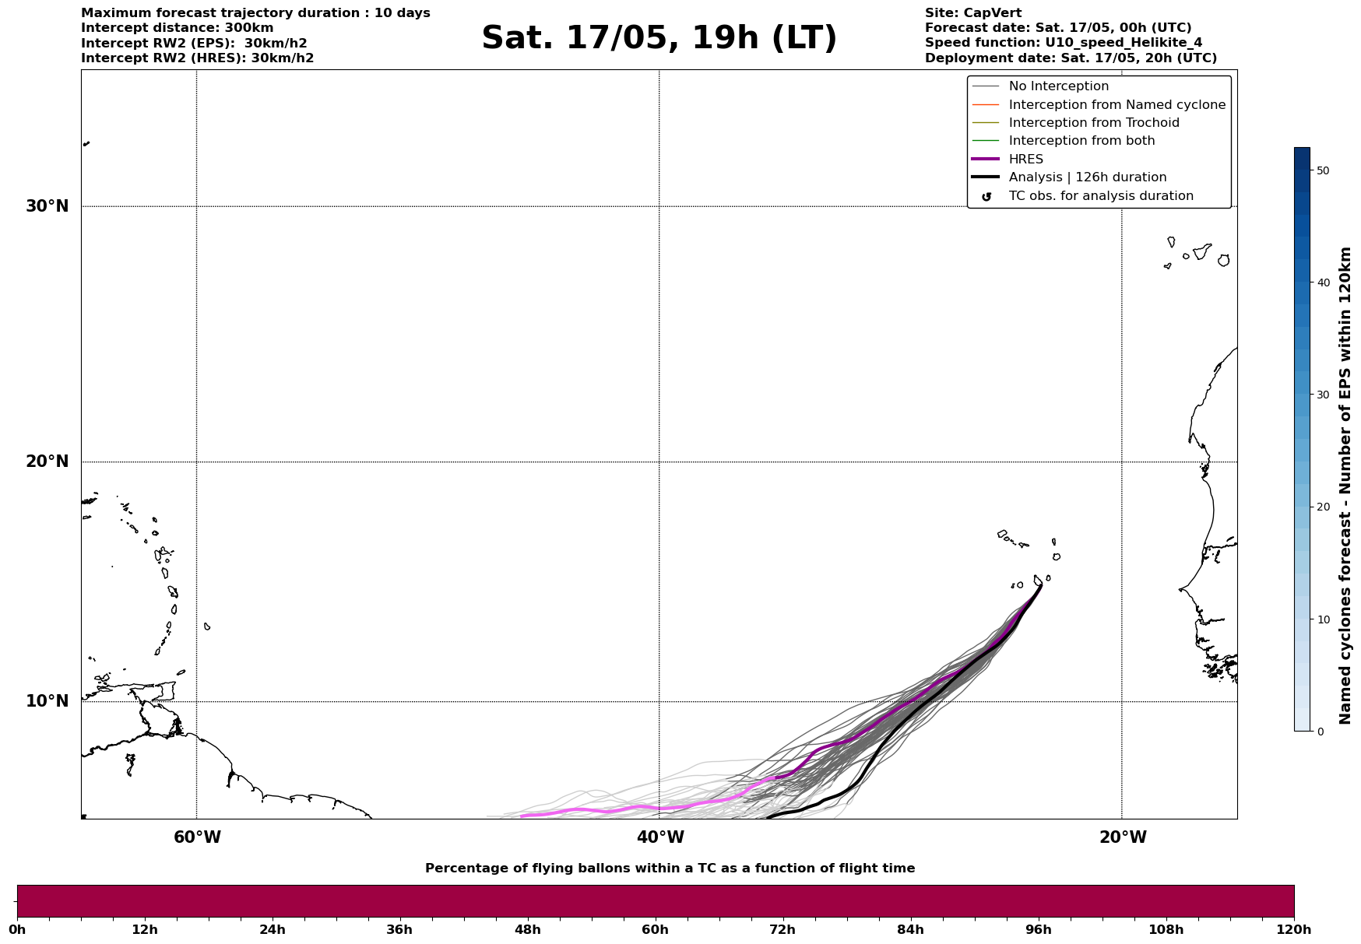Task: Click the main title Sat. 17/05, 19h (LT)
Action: click(x=659, y=38)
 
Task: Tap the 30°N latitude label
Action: click(x=47, y=206)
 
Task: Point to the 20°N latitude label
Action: click(x=47, y=461)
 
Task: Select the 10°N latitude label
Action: click(x=47, y=701)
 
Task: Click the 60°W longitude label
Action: click(x=197, y=837)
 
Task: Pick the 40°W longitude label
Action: click(x=660, y=837)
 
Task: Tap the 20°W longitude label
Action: click(x=1123, y=837)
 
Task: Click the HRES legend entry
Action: click(x=1025, y=160)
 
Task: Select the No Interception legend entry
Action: click(x=1058, y=86)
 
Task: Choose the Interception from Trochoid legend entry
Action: click(x=1093, y=123)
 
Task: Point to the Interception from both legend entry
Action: click(x=1081, y=141)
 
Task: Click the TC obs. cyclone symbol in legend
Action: click(x=986, y=197)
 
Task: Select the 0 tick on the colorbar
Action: click(x=1320, y=732)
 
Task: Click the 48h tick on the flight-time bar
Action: click(x=527, y=930)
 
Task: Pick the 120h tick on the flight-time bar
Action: click(x=1294, y=930)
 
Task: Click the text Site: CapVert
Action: click(x=972, y=13)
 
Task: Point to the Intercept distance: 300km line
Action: click(x=177, y=28)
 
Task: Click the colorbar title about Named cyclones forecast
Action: click(x=1345, y=486)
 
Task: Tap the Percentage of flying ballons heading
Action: click(x=670, y=869)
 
